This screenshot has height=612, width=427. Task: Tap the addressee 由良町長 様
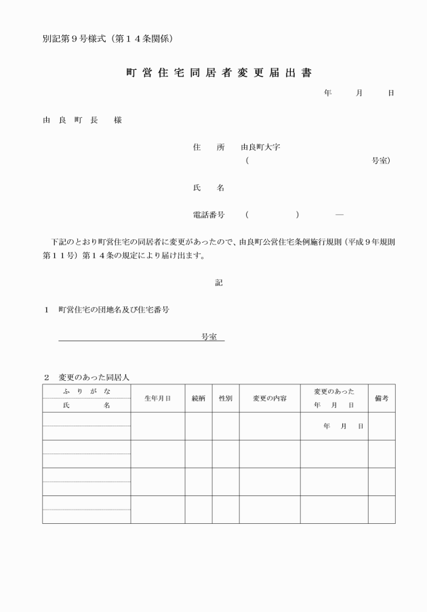tap(82, 120)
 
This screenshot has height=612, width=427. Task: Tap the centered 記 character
tap(219, 283)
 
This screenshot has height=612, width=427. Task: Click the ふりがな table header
tap(86, 391)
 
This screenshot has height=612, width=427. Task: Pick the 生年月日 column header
tap(157, 399)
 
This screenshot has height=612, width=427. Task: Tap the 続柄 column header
tap(199, 399)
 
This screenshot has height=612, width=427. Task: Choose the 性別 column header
tap(225, 399)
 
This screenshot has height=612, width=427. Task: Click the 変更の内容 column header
tap(270, 399)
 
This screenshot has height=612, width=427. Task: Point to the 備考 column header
tap(382, 399)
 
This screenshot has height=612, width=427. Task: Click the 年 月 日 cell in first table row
tap(343, 426)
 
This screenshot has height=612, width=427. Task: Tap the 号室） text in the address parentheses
tap(381, 161)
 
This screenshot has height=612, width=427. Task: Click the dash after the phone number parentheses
tap(339, 215)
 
